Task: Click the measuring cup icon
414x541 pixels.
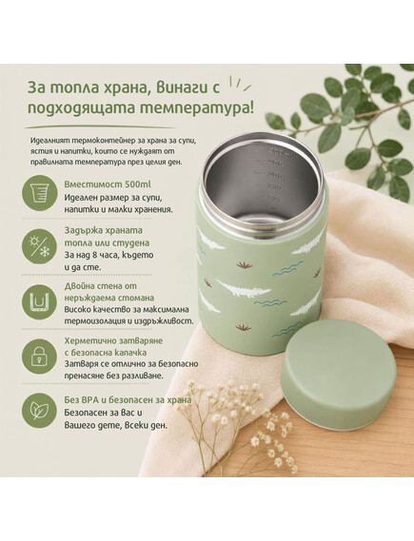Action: [39, 192]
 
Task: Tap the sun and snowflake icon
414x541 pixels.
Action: [39, 247]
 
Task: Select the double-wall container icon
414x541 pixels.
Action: [39, 301]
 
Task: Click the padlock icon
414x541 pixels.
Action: [39, 356]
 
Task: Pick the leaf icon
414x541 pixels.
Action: [39, 411]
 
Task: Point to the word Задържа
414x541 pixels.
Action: [83, 230]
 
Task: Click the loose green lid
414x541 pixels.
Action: [340, 375]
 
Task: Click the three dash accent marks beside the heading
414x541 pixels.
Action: [239, 85]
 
